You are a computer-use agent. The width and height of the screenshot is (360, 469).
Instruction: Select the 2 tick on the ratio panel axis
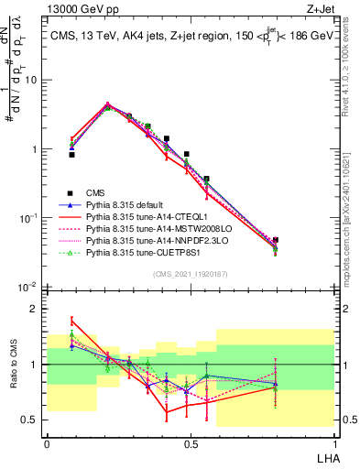tap(37, 309)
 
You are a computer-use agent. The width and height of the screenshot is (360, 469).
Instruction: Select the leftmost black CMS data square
tap(71, 155)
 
